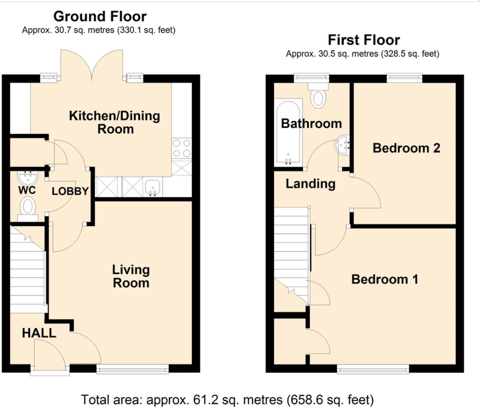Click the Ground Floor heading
tap(100, 17)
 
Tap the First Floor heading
tap(364, 40)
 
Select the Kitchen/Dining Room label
tap(115, 122)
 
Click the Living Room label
tap(131, 276)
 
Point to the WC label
tap(27, 190)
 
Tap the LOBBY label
tap(70, 191)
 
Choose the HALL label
tap(39, 333)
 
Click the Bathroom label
tap(311, 123)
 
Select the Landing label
tap(311, 184)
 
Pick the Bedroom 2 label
tap(407, 148)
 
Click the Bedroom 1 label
tap(385, 279)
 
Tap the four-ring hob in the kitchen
tap(181, 148)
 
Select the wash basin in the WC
tap(27, 178)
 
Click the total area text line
tap(227, 400)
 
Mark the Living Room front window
tap(133, 369)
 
